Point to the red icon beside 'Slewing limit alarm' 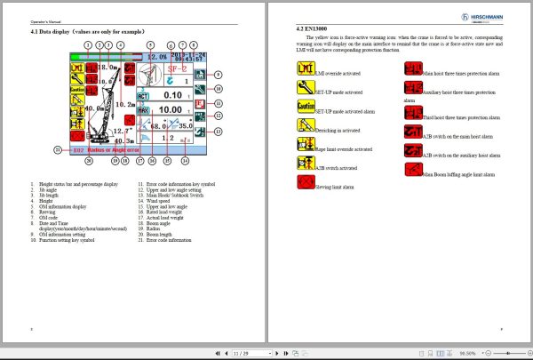[x=305, y=183]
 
